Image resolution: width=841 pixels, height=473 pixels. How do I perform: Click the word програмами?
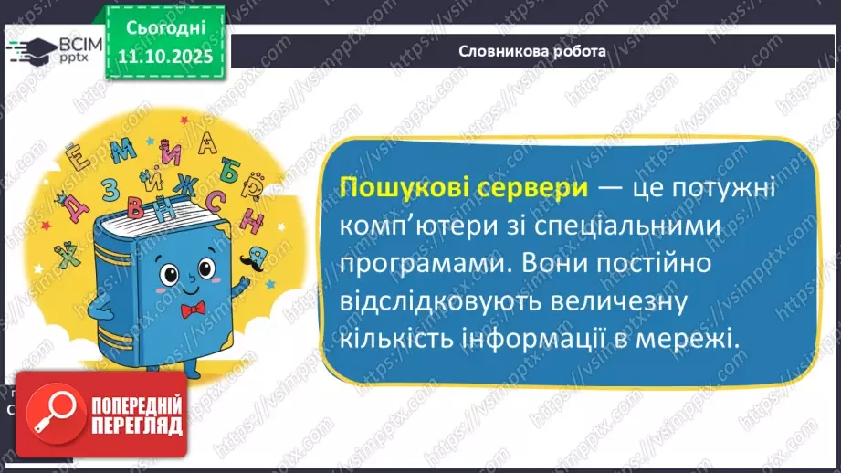pos(415,263)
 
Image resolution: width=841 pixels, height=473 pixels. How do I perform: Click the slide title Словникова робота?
pos(532,52)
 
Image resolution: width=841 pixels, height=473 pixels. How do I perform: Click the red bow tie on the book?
pos(192,310)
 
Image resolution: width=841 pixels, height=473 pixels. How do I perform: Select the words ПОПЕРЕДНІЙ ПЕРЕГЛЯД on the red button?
pos(127,415)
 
